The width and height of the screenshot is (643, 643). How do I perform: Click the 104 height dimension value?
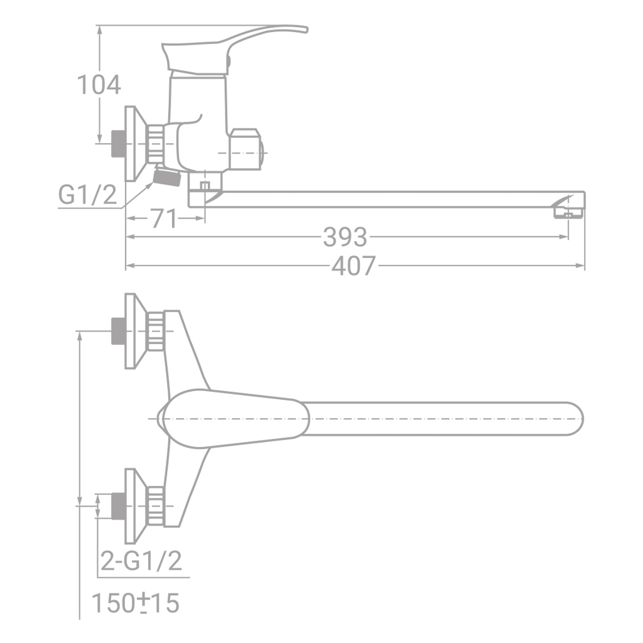[x=99, y=84]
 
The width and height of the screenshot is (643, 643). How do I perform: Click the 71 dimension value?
[x=164, y=219]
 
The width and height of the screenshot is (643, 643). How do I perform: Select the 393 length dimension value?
[x=345, y=237]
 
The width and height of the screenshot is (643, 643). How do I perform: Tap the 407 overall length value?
[x=354, y=266]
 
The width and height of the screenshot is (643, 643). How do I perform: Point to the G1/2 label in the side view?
[x=87, y=196]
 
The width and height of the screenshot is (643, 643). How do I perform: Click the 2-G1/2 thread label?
[x=142, y=560]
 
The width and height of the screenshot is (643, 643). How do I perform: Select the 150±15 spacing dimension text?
[x=136, y=603]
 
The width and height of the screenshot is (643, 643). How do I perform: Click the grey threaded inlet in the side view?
[x=117, y=143]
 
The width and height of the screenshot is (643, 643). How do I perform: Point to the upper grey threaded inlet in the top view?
[x=117, y=330]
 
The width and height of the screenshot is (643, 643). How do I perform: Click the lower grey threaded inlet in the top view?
[x=117, y=505]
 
